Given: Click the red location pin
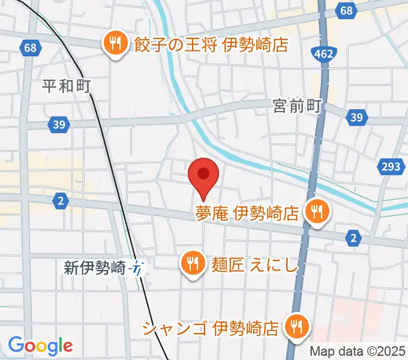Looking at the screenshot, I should [x=203, y=175].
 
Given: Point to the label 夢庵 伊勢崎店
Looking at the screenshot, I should [x=247, y=213].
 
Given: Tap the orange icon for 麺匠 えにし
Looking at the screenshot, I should [x=191, y=263].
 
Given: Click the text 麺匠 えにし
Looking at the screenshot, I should [x=254, y=264].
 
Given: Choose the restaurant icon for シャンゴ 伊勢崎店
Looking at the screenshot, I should [x=296, y=327].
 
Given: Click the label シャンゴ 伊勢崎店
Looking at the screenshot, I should [x=211, y=328].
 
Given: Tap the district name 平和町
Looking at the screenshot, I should [x=66, y=86].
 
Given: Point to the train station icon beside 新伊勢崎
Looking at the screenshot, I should [x=139, y=268].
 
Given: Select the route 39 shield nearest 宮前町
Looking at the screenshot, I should [x=356, y=117].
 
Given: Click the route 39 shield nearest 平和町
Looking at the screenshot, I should [x=58, y=124].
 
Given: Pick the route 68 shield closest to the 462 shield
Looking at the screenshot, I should [x=346, y=10].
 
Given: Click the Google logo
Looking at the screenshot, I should [x=40, y=345].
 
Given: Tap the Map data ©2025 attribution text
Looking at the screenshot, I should [x=358, y=351].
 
